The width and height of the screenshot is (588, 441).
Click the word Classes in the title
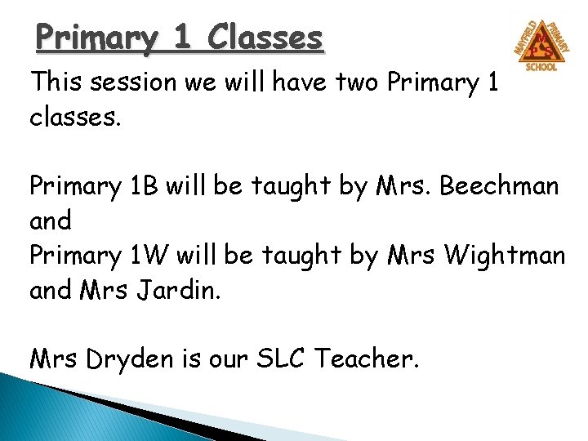265,38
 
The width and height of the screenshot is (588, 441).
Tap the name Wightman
504,256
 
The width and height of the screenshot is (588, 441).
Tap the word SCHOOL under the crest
541,67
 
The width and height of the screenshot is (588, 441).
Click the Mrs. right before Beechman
400,187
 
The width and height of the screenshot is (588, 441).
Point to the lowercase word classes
75,118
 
